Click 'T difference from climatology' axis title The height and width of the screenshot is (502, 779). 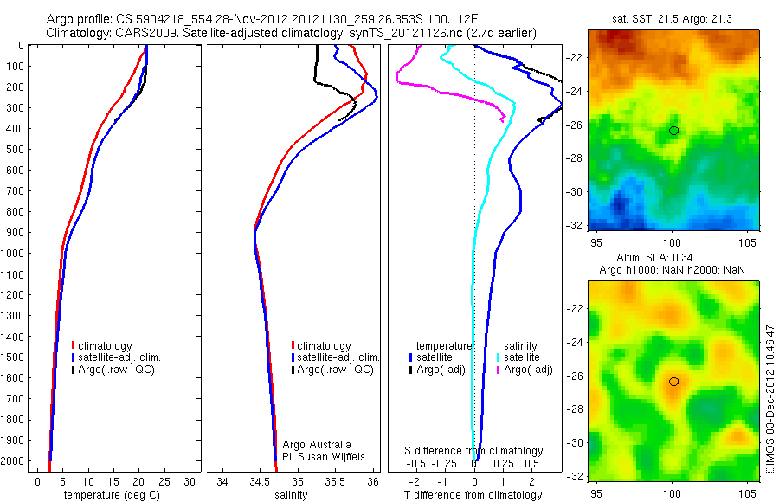(473, 495)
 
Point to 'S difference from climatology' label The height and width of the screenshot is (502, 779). (474, 451)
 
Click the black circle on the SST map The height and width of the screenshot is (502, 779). (673, 131)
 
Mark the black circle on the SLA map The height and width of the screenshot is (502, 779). (673, 382)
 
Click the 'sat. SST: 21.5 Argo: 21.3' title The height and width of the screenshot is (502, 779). (673, 19)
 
